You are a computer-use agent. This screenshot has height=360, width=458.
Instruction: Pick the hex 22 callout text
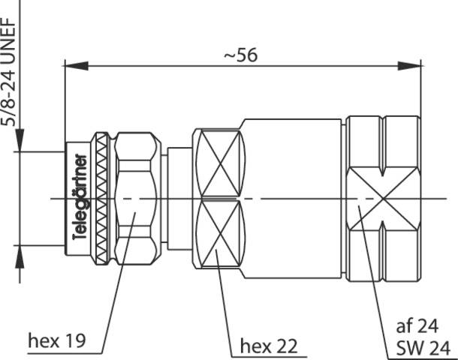(268, 346)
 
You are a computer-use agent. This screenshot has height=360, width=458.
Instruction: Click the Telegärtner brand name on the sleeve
(81, 198)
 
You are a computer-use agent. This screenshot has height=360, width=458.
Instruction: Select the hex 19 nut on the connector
(137, 198)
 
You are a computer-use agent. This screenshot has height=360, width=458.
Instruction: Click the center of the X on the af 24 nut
(384, 199)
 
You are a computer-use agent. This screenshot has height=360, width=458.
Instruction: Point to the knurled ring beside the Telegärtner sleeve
(102, 198)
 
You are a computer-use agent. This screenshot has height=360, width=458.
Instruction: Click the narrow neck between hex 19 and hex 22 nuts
(178, 198)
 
